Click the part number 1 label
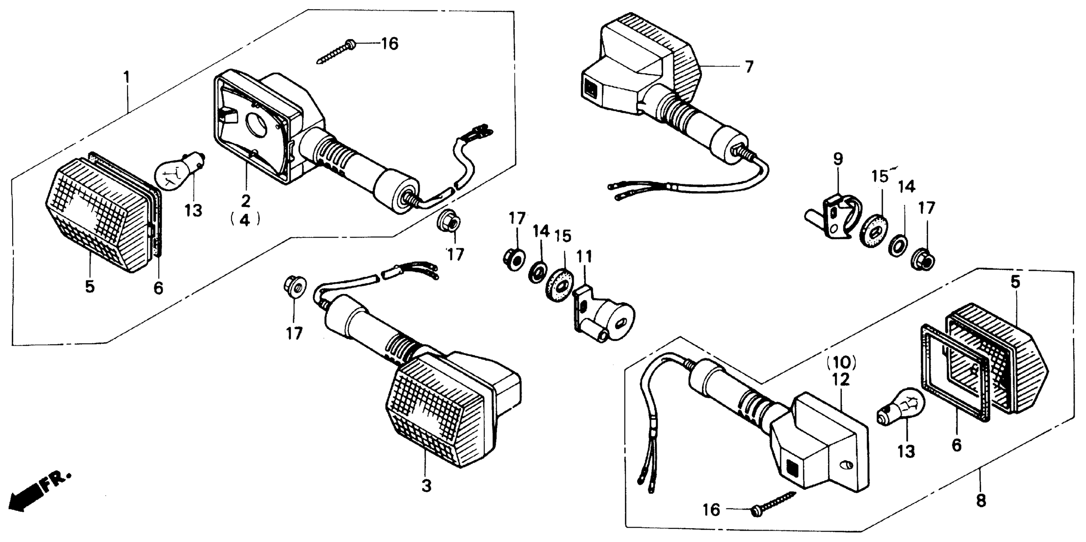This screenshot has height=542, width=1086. tap(126, 77)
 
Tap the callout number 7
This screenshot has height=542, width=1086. tap(748, 67)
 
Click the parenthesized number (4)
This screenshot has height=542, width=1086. tap(245, 220)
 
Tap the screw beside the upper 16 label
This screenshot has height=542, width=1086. tap(335, 53)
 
